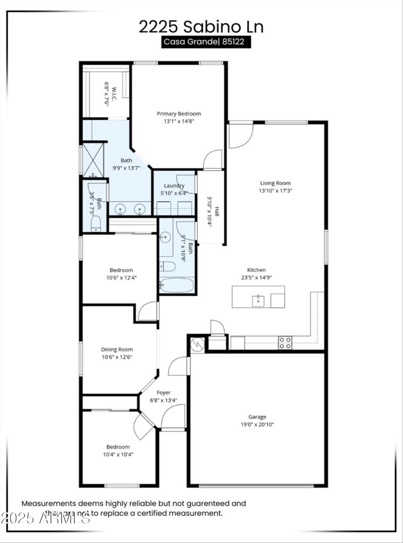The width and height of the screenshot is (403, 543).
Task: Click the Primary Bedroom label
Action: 178,114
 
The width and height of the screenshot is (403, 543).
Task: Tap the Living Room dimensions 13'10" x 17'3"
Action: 275,191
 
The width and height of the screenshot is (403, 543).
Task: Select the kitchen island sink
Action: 257,301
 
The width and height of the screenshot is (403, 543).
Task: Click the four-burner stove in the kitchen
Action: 285,343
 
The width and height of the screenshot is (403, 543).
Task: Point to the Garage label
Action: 257,417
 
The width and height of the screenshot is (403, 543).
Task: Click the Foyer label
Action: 163,392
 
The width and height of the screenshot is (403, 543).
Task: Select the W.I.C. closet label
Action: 114,94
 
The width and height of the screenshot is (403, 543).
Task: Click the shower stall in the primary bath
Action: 93,158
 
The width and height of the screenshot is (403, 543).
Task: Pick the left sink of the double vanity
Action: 119,209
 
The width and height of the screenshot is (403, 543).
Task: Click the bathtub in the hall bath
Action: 176,286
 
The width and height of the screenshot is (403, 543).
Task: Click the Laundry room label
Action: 174,185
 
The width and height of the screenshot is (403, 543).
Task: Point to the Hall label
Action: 217,212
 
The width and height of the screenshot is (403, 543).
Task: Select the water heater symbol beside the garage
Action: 197,345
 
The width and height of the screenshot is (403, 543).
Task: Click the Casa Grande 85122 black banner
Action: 206,42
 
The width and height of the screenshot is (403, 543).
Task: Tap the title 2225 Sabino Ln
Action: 201,26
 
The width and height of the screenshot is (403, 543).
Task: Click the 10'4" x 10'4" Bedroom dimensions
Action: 117,454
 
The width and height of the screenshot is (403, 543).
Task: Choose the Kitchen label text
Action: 256,270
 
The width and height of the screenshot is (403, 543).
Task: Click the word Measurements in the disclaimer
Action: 48,503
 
